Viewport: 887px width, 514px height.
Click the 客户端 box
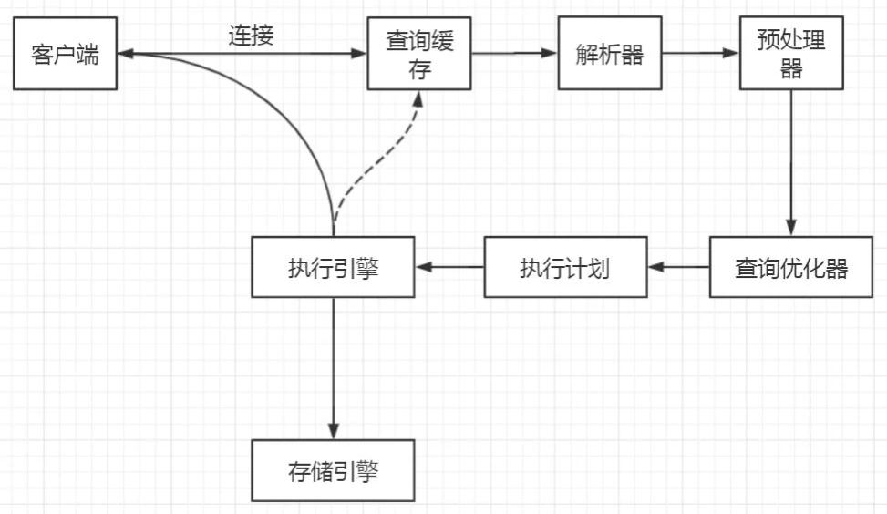[65, 56]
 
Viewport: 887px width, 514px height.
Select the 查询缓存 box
[418, 56]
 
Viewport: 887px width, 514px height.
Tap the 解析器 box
[609, 55]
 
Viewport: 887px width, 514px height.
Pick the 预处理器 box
[790, 56]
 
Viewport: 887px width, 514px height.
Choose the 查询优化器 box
[790, 268]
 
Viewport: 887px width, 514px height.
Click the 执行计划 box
[565, 268]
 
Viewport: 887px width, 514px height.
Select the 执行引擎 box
[333, 268]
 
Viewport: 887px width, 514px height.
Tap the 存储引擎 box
[333, 471]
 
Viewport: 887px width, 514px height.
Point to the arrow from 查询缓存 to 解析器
[515, 54]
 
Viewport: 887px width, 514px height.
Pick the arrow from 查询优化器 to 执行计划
[679, 267]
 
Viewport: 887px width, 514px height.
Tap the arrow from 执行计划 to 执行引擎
[449, 267]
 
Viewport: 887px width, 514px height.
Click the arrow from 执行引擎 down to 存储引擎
[333, 365]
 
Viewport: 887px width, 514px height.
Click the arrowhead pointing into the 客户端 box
[125, 55]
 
